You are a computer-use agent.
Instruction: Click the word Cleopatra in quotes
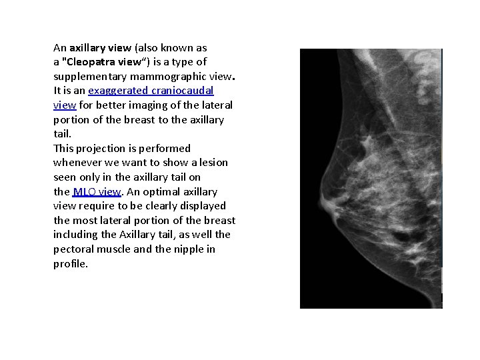click(91, 62)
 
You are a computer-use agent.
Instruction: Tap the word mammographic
click(156, 77)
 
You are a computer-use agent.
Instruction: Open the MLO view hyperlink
click(96, 192)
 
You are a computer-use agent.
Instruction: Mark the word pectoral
click(74, 249)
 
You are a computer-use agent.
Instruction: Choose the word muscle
click(113, 249)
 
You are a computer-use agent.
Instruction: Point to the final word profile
click(69, 264)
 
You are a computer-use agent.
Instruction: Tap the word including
click(76, 235)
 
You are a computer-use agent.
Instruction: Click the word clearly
click(154, 206)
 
